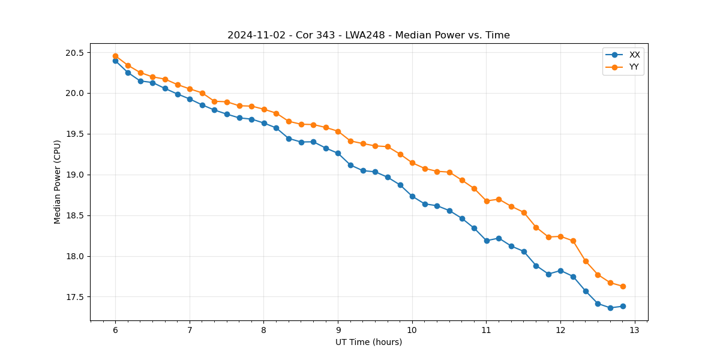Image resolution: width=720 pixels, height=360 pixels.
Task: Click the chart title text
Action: click(x=368, y=35)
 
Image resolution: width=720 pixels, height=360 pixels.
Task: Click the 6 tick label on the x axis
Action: click(x=115, y=331)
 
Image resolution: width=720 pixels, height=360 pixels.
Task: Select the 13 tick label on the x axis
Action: click(x=635, y=331)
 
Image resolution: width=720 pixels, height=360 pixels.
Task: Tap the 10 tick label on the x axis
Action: click(x=412, y=331)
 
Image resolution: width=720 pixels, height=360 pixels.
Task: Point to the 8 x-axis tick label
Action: click(x=264, y=331)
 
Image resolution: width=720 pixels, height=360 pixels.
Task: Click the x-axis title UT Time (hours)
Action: click(x=368, y=342)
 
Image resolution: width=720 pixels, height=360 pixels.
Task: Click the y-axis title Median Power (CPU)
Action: click(x=58, y=182)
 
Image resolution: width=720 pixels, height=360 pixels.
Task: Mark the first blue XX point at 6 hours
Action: click(x=115, y=61)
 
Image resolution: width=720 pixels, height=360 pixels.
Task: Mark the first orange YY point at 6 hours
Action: click(x=115, y=56)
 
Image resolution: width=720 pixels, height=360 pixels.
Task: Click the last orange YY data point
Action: click(x=623, y=286)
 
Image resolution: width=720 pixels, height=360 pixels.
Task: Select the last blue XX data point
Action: click(x=623, y=306)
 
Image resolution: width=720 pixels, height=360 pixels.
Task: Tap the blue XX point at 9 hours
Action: click(x=338, y=153)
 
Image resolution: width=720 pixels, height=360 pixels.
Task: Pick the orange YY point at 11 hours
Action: click(x=487, y=201)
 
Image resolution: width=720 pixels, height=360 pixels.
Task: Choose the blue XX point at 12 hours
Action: click(x=560, y=271)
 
